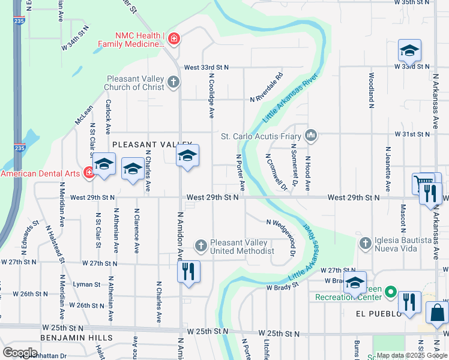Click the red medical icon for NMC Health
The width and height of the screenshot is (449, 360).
[x=173, y=39]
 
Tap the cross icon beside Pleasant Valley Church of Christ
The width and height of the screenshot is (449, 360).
[x=173, y=82]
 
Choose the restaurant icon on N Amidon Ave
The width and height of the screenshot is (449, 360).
[x=188, y=271]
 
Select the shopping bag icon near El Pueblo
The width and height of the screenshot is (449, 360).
[x=436, y=313]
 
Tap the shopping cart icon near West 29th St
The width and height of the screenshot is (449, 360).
[x=423, y=183]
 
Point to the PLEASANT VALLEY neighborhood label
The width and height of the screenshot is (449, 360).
[x=143, y=145]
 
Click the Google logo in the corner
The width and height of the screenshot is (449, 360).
[x=20, y=352]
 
